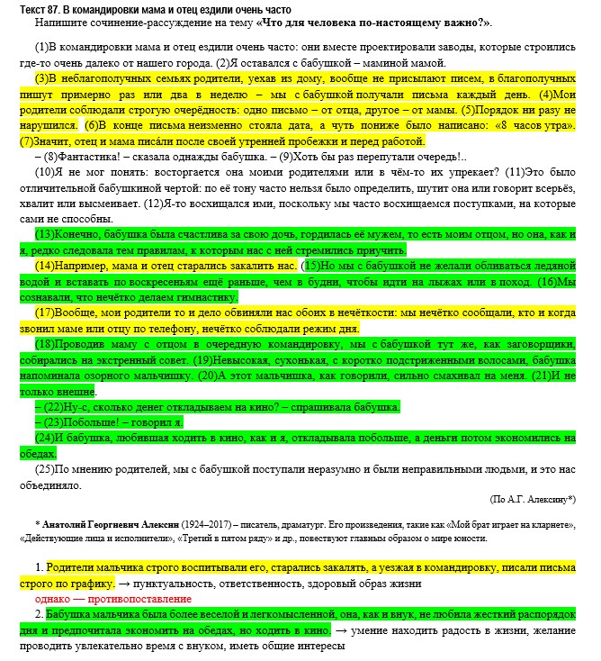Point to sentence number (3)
[x=42, y=79]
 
